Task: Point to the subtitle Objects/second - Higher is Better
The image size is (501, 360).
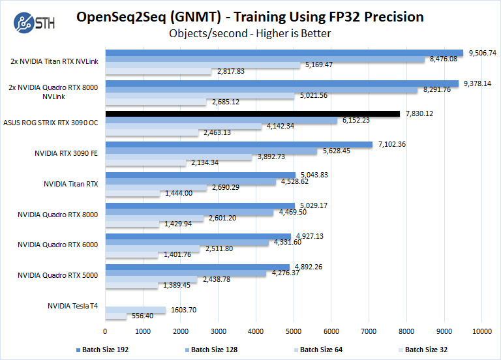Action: pyautogui.click(x=250, y=33)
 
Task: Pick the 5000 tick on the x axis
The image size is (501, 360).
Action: pyautogui.click(x=294, y=331)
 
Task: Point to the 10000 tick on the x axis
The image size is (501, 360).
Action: pyautogui.click(x=481, y=331)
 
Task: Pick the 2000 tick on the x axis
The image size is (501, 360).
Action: pyautogui.click(x=181, y=331)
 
